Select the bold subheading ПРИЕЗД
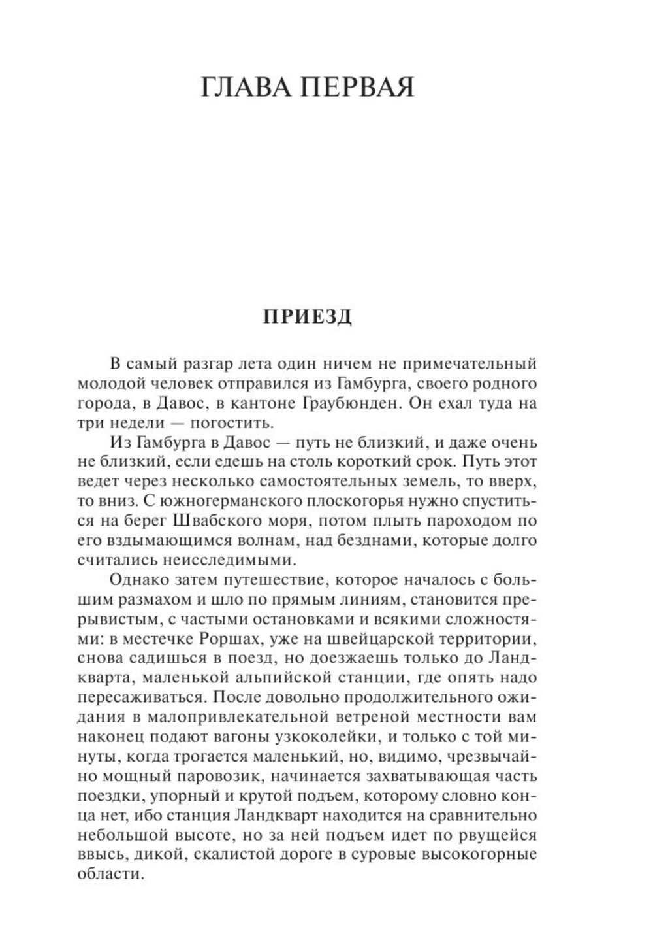307,316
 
